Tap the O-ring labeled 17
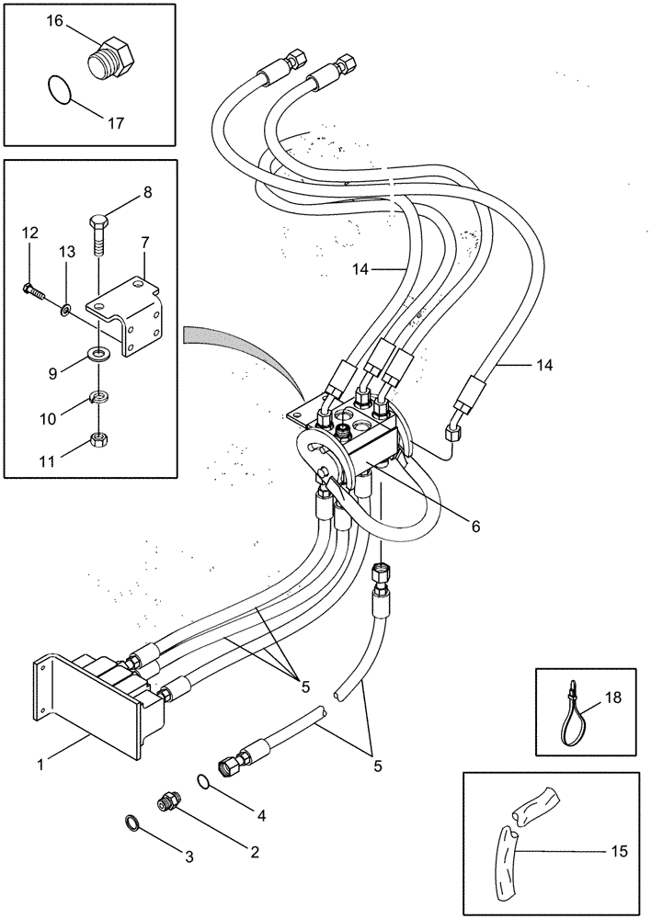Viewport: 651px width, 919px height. pos(60,92)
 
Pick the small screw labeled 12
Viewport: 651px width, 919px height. pos(34,293)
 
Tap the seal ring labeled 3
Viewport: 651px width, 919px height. pos(131,821)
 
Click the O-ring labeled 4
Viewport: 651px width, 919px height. pos(204,781)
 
